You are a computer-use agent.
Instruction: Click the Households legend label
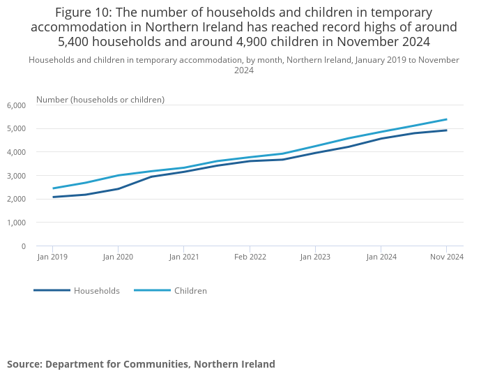click(97, 291)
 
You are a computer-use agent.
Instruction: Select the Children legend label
click(190, 291)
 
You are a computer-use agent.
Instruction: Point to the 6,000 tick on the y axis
click(16, 105)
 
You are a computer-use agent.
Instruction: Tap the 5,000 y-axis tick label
click(16, 129)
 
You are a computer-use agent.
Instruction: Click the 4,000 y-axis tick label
click(16, 152)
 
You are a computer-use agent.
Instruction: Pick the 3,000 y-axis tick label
click(16, 176)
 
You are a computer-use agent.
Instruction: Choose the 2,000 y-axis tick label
click(16, 200)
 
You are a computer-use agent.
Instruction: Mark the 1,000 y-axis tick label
click(16, 223)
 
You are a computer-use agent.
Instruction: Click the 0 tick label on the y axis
click(23, 246)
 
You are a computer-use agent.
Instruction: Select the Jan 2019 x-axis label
click(52, 257)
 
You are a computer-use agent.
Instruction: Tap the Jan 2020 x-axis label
click(118, 257)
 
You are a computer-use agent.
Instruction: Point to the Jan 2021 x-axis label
click(183, 257)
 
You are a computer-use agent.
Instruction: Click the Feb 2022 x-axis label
click(250, 257)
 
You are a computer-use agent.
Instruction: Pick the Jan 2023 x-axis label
click(315, 257)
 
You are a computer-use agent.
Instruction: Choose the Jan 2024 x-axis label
click(381, 257)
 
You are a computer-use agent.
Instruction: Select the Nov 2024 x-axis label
click(447, 257)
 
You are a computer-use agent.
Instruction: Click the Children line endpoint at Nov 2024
click(446, 119)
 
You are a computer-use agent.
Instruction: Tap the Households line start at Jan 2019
click(53, 197)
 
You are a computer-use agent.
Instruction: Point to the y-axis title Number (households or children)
click(100, 100)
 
